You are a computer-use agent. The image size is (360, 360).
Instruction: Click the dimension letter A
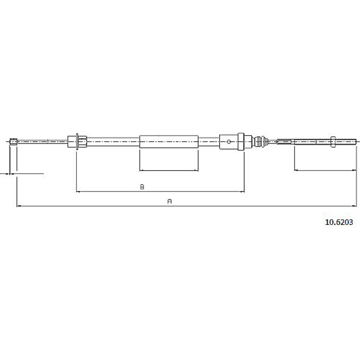coord(169,201)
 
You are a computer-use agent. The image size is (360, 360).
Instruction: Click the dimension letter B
coord(142,187)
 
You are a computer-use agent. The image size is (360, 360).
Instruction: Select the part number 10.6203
coord(339,222)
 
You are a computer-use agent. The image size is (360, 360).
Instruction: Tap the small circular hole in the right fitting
coord(229,142)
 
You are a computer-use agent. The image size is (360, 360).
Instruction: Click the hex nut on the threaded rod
coord(333,141)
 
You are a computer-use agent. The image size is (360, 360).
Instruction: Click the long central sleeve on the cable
coord(169,141)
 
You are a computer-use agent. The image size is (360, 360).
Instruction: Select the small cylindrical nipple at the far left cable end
coord(13,142)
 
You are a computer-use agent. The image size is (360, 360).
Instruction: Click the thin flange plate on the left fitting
coord(77,142)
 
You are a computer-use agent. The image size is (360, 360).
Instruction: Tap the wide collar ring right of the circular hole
coord(241,142)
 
